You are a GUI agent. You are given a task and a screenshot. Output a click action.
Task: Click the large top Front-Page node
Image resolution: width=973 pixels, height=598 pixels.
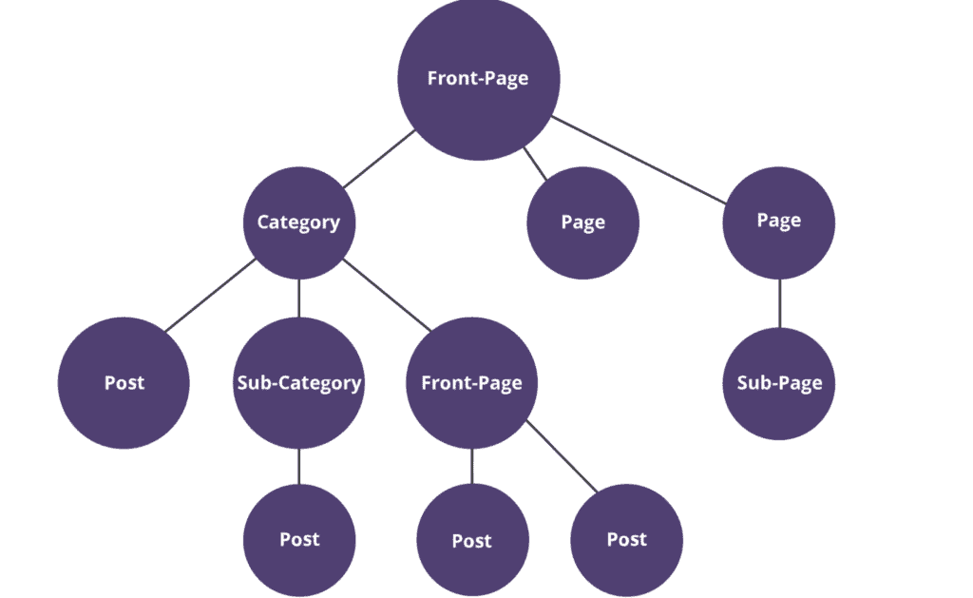[x=478, y=79]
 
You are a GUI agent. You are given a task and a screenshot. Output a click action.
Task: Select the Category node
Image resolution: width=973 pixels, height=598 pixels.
[x=298, y=222]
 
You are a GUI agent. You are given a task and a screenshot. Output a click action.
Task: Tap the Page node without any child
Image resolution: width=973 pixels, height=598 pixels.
[x=582, y=222]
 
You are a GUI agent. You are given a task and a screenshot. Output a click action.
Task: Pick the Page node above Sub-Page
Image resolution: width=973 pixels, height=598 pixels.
[x=779, y=221]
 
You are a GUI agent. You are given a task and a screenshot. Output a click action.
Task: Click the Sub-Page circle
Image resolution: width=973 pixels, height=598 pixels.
[x=779, y=383]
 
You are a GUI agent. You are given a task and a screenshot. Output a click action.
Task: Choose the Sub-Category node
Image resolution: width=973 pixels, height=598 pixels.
[x=298, y=383]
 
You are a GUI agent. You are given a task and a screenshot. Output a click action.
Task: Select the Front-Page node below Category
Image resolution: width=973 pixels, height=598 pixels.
[x=471, y=383]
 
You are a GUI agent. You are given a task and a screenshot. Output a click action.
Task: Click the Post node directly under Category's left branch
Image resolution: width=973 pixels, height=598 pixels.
[x=124, y=383]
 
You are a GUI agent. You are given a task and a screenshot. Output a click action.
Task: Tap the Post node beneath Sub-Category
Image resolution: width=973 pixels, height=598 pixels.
[x=299, y=539]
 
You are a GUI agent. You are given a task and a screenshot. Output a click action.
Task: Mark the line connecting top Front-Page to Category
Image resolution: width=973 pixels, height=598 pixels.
[x=378, y=159]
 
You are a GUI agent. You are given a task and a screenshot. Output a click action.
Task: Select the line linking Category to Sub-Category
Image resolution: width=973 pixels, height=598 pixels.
[x=298, y=299]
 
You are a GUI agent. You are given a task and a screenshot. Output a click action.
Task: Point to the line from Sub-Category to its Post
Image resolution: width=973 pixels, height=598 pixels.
[x=298, y=466]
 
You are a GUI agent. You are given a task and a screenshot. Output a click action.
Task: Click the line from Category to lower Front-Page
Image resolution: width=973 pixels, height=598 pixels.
[x=388, y=294]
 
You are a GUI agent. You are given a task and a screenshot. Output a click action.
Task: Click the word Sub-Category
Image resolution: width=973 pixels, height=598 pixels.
[x=298, y=383]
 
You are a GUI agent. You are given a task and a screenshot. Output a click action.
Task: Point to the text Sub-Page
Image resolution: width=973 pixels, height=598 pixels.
[x=779, y=383]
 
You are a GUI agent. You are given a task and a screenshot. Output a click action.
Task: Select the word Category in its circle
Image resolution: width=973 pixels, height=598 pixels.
[x=298, y=222]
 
